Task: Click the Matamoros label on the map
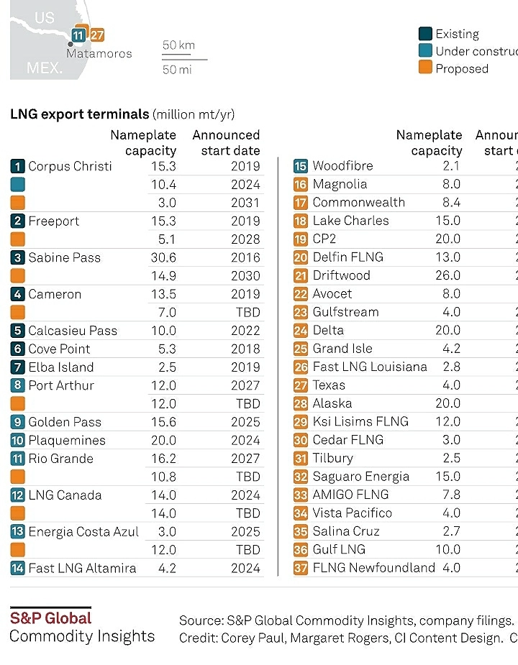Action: [99, 53]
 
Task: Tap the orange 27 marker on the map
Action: [97, 35]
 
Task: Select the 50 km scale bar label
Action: [178, 45]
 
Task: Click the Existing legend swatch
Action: [425, 34]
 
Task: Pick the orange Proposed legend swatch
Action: [425, 68]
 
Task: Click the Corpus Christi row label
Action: [70, 166]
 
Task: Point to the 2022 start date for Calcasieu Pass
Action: [245, 331]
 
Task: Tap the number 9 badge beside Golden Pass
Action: [18, 422]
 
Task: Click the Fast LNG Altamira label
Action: [82, 568]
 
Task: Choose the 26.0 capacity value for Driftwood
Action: [447, 275]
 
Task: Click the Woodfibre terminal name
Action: [342, 166]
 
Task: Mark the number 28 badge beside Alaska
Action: [301, 403]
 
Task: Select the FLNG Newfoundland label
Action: [374, 568]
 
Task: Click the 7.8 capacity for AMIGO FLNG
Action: [452, 495]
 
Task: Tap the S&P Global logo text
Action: [50, 618]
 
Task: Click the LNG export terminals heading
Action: [79, 114]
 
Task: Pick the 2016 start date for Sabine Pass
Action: [245, 257]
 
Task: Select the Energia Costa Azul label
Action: [83, 531]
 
